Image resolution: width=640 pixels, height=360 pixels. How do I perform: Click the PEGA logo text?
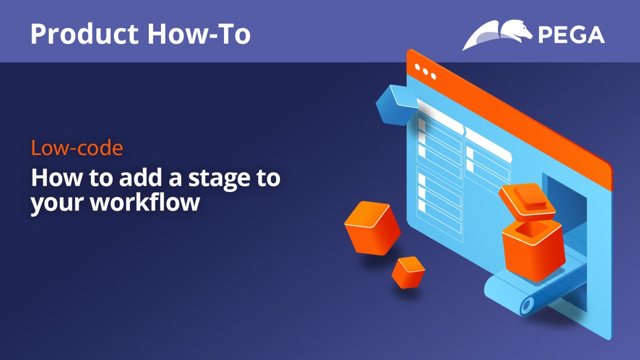point(571,35)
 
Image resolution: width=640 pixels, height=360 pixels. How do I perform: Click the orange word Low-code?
point(77,147)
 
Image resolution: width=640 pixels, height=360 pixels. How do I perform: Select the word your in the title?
point(57,203)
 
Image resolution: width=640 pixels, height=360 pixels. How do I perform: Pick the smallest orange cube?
point(408,272)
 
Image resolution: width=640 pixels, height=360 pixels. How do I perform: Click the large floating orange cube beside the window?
point(372,228)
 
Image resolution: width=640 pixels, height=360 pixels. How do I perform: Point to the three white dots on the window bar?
point(425,71)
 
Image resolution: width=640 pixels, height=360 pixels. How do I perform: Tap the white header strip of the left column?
point(440,115)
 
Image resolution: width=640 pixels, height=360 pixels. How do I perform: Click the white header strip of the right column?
point(488,144)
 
